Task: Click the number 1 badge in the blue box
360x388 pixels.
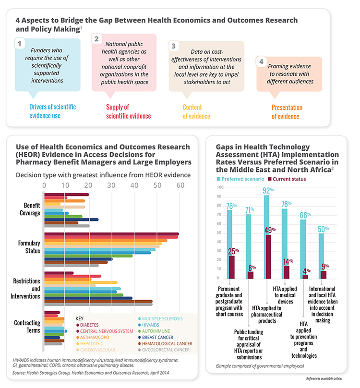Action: click(x=19, y=44)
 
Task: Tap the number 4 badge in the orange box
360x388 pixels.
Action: click(x=261, y=62)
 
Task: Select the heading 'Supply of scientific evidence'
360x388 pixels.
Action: click(x=128, y=111)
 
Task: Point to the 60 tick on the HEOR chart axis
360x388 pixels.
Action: click(x=179, y=185)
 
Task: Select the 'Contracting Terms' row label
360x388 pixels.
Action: click(x=27, y=326)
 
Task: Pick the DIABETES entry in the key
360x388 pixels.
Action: click(x=94, y=325)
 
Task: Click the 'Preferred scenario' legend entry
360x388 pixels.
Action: click(x=243, y=179)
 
